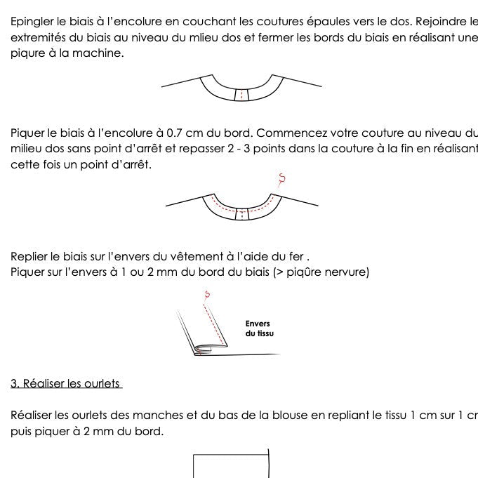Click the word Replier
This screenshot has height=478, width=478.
point(31,256)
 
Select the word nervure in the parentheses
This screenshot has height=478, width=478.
point(345,272)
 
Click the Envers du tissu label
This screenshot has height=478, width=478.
point(259,328)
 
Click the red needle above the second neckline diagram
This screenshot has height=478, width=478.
point(281,180)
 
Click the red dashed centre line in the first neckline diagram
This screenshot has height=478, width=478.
point(242,93)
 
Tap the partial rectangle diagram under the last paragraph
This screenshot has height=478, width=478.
point(231,466)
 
